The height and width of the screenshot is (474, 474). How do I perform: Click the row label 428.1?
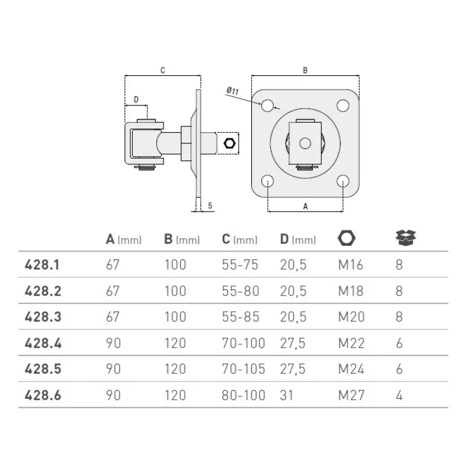point(42,265)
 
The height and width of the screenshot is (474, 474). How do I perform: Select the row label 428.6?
point(43,395)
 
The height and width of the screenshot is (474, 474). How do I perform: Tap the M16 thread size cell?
point(351,265)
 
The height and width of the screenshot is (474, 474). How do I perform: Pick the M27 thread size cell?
point(351,395)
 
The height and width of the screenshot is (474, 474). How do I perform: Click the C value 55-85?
point(241,317)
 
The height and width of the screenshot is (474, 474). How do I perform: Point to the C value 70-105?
point(244,369)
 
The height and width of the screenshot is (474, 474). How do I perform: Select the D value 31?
point(287,395)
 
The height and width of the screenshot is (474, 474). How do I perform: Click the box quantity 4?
point(399,395)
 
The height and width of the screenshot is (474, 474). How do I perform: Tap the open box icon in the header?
point(406,238)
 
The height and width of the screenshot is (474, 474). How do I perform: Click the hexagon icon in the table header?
point(347,238)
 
